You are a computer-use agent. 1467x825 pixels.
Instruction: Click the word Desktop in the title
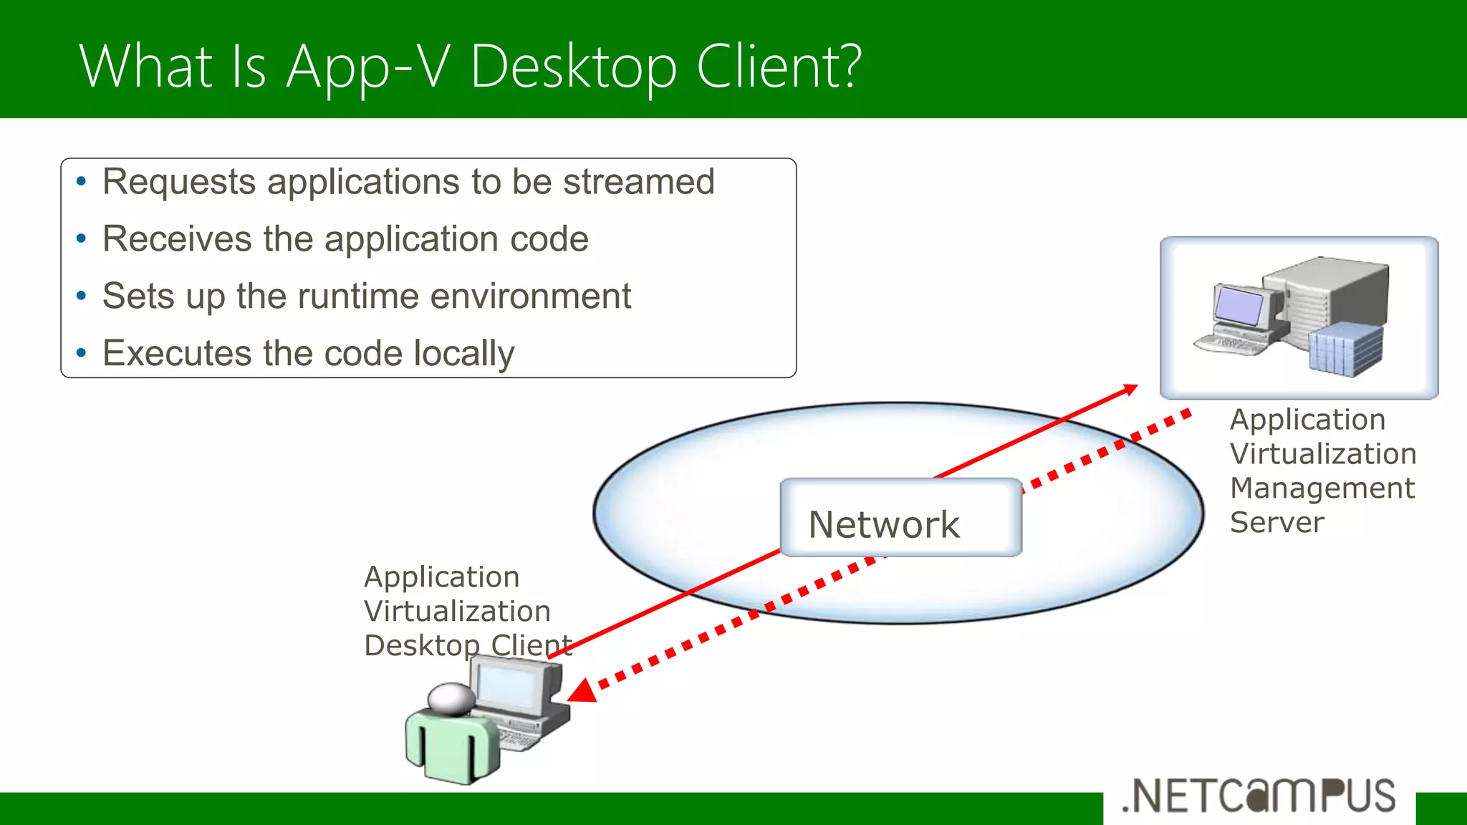pos(573,67)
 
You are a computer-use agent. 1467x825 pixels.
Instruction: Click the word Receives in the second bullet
pos(176,238)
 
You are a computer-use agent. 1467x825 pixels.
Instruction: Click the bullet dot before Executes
pos(82,353)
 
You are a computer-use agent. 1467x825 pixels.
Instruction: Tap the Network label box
pos(900,518)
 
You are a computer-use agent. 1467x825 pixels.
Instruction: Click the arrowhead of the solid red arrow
pos(1131,389)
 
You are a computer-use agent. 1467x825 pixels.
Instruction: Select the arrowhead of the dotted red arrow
pos(582,691)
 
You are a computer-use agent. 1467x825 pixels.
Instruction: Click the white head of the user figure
pos(451,698)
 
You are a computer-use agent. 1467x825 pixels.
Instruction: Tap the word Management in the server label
pos(1322,488)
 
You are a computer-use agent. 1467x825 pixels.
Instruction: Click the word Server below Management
pos(1276,523)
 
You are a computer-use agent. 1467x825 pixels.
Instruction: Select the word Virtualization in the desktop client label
pos(457,612)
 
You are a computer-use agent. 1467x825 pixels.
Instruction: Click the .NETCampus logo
pos(1259,796)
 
